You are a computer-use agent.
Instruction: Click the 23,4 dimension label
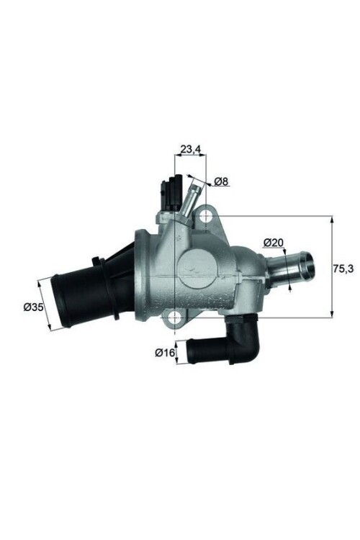pos(189,149)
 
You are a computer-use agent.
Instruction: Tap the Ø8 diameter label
pos(221,181)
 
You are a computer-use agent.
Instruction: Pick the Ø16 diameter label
pos(165,353)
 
